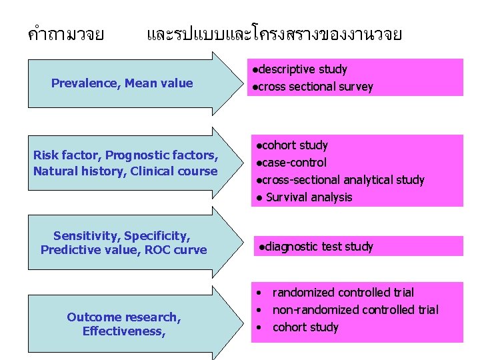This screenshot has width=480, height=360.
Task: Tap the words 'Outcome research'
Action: [123, 317]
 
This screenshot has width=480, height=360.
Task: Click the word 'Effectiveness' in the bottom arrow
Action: [123, 331]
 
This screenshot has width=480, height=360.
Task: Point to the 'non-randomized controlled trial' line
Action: [355, 310]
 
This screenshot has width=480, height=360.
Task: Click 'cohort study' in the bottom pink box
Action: [305, 327]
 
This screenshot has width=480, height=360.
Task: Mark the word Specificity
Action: [157, 236]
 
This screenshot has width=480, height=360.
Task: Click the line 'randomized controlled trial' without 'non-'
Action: [343, 293]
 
